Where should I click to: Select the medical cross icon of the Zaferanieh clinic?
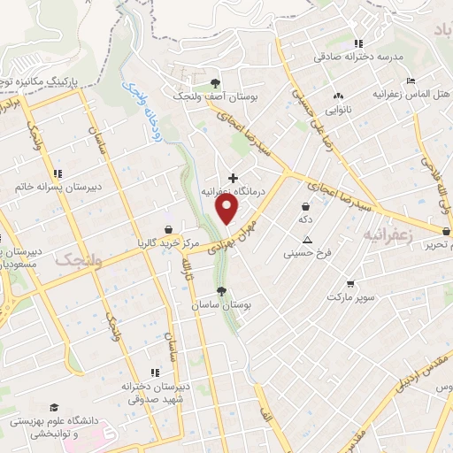[233, 178]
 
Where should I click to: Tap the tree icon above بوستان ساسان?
[221, 291]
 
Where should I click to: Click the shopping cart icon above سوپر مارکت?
[351, 284]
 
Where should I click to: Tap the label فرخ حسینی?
[306, 253]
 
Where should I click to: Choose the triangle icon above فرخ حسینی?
[307, 240]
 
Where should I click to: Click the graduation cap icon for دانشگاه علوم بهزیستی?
[54, 407]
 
